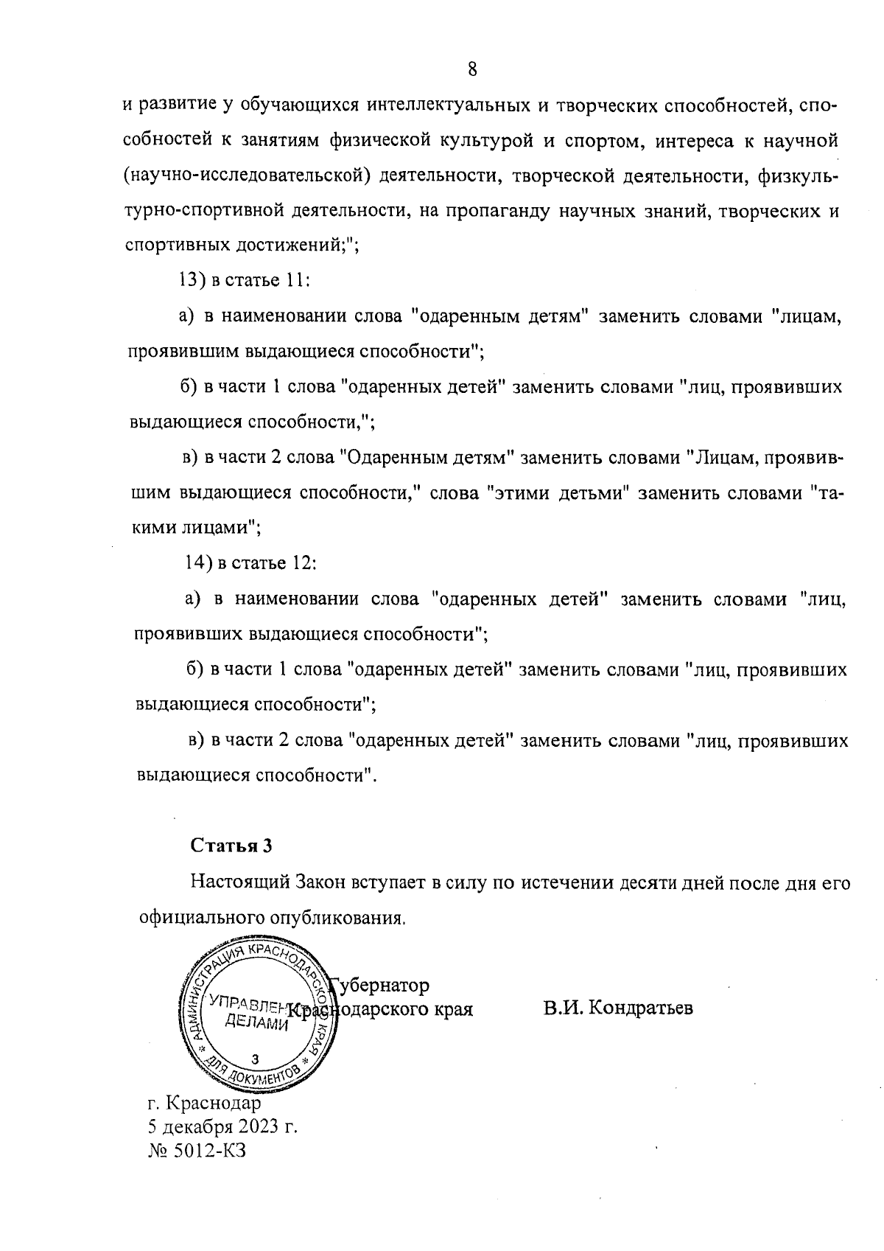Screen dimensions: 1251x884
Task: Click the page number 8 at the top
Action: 472,69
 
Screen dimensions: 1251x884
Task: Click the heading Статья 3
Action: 231,846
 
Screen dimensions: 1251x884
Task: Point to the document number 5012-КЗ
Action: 208,1151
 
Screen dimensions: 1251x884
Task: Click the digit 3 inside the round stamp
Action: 255,1059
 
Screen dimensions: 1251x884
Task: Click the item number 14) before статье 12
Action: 197,563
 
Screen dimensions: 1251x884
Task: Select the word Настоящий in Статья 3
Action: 239,882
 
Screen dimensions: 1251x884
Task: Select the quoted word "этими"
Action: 516,493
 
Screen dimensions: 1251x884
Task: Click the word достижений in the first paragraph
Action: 287,246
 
